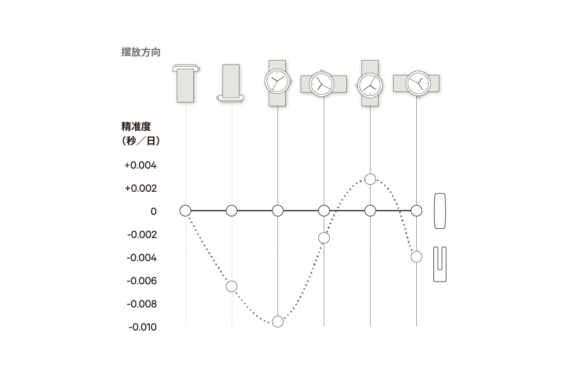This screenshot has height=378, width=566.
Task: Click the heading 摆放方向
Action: click(141, 52)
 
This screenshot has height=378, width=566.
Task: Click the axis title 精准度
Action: click(136, 127)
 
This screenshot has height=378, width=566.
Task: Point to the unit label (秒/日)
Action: click(141, 141)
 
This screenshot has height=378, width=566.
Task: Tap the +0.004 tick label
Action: click(140, 165)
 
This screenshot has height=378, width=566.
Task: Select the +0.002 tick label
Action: click(140, 188)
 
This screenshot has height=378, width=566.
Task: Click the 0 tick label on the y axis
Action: click(154, 212)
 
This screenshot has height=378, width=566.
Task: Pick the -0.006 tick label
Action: click(141, 281)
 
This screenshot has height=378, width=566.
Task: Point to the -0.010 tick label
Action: click(143, 327)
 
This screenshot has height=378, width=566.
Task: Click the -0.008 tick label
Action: click(141, 304)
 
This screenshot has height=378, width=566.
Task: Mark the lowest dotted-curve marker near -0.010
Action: click(277, 321)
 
